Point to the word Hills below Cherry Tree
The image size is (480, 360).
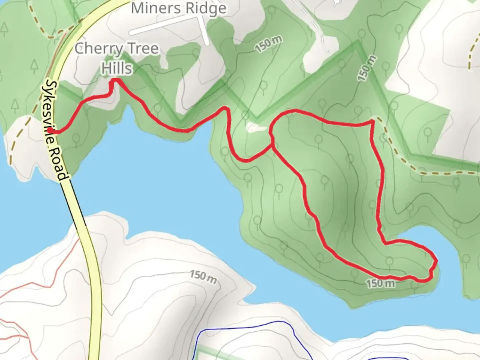point(117,68)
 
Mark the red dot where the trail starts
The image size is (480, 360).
point(50,130)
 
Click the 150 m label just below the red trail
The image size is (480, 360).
point(381,284)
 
